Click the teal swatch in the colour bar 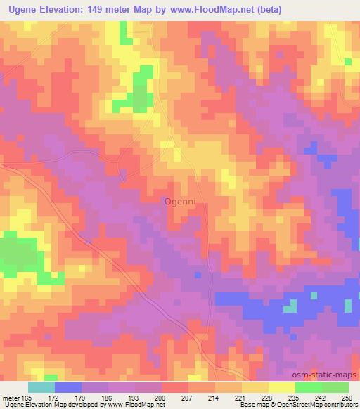point(41,387)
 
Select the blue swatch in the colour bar point(68,387)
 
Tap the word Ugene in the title point(21,11)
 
